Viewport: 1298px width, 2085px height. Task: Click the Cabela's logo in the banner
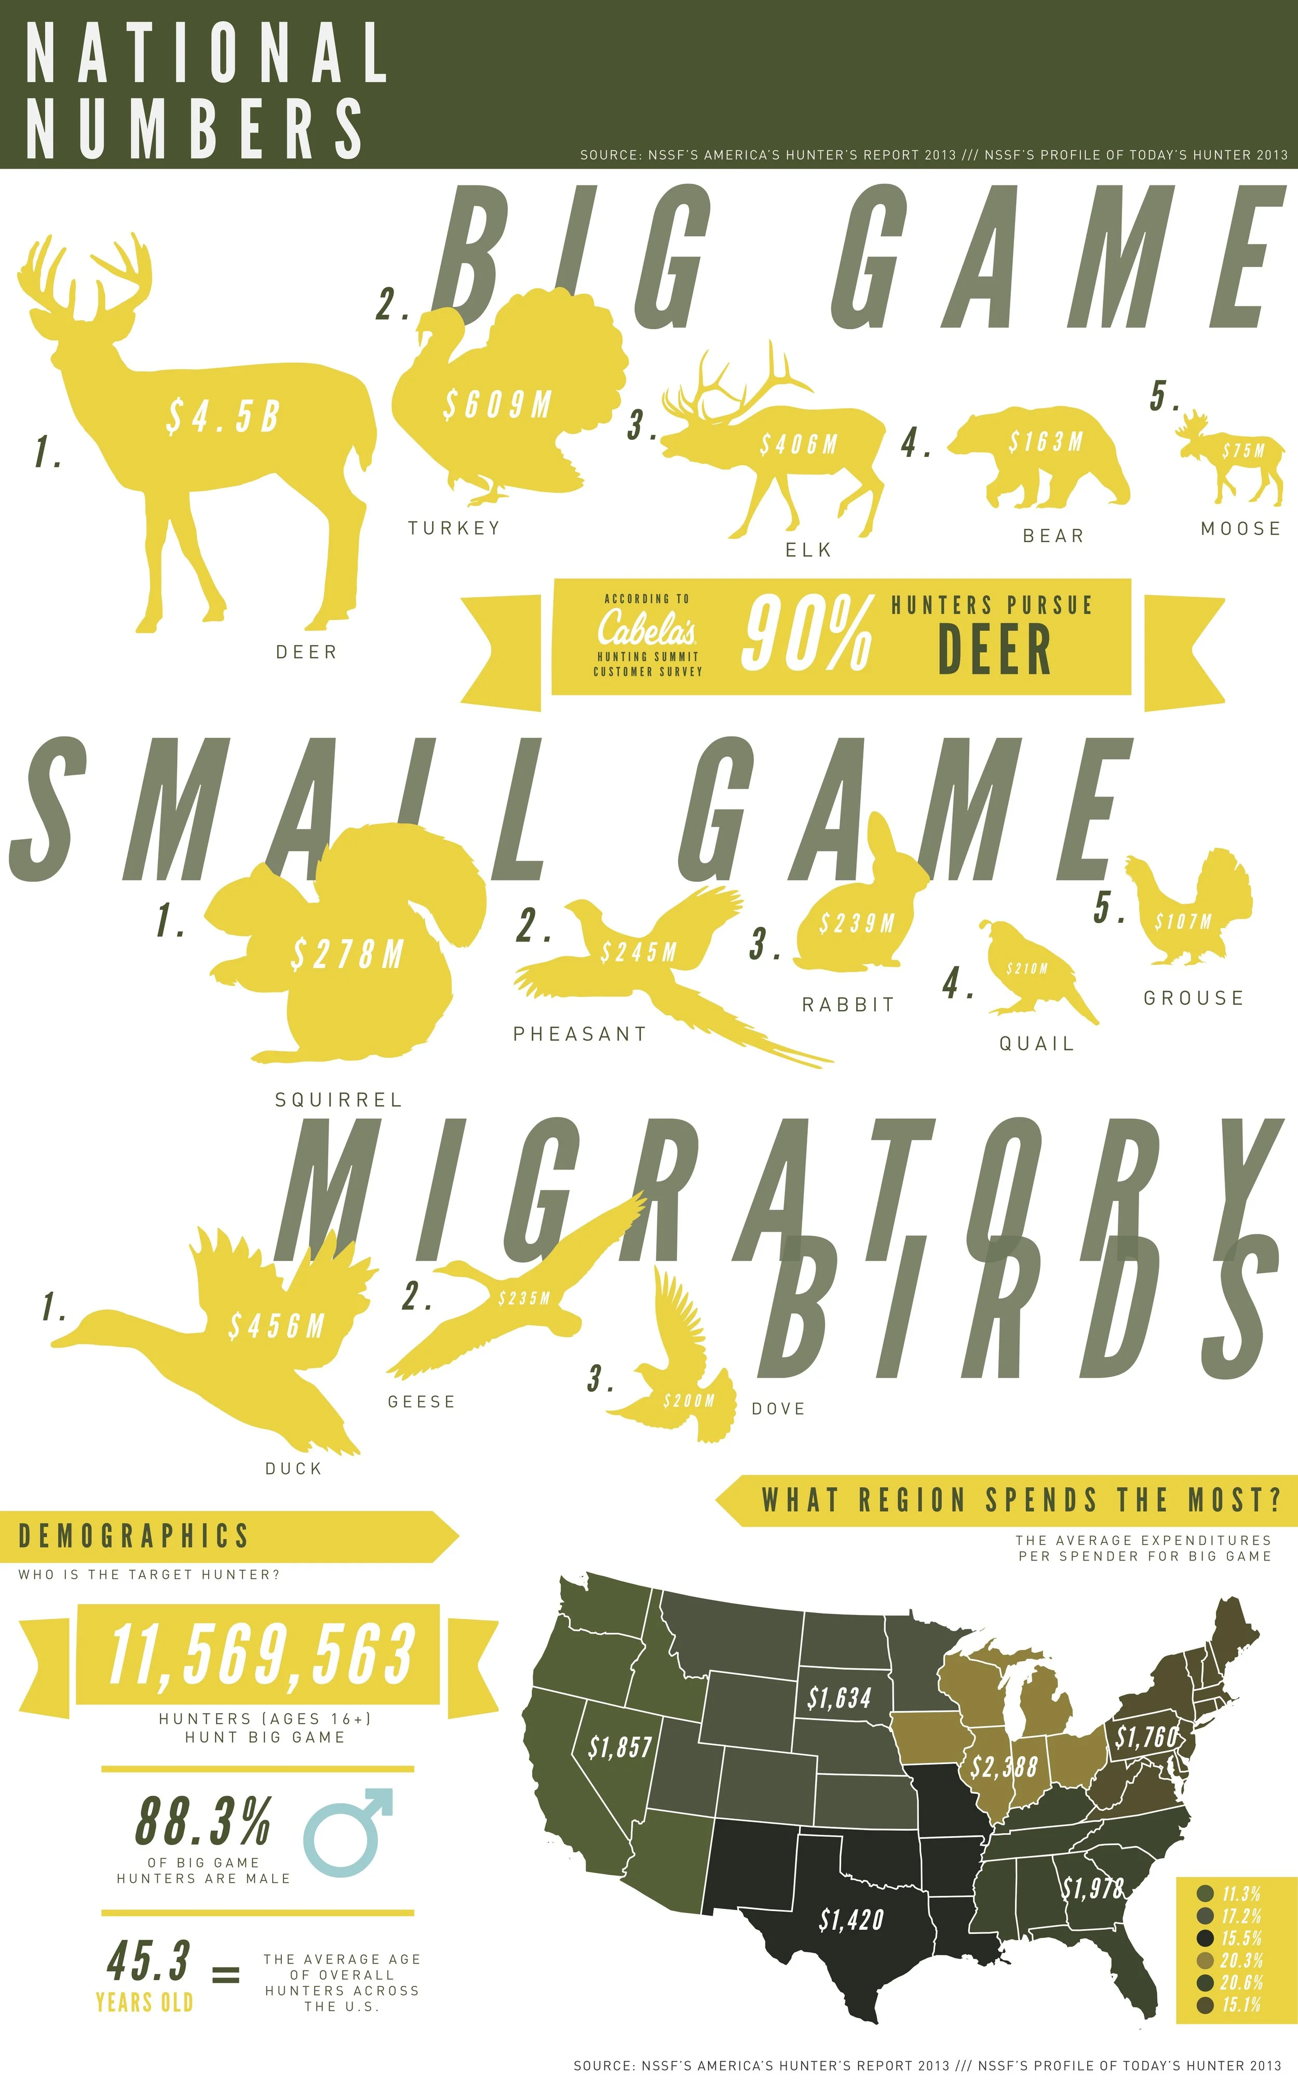coord(647,630)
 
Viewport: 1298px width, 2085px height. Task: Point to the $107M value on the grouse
coord(1183,922)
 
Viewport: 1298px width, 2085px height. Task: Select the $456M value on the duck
coord(276,1326)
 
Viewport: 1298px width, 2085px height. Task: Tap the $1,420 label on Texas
coord(851,1920)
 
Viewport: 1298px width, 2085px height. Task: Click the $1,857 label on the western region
coord(620,1747)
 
